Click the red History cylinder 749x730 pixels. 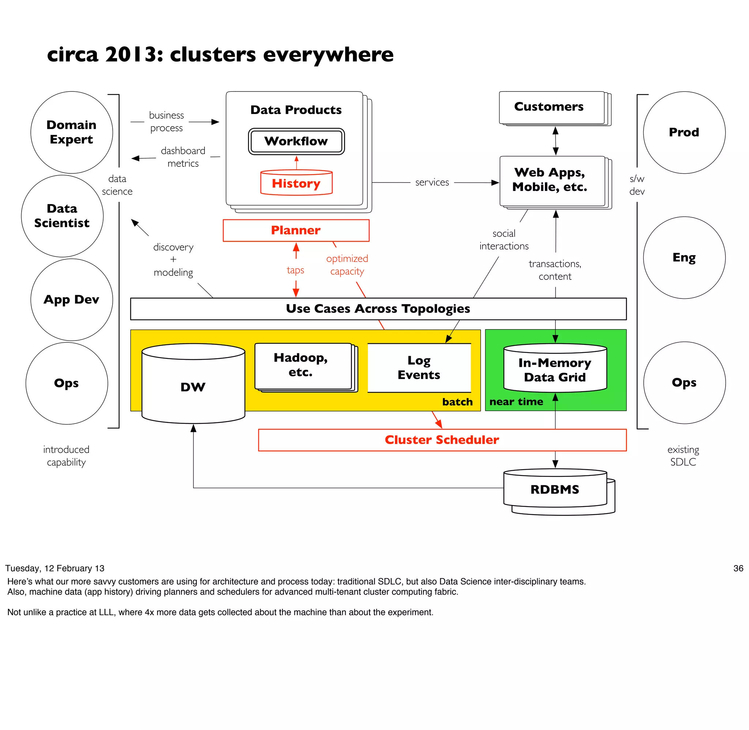(x=296, y=183)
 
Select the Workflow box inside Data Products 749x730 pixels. (x=296, y=141)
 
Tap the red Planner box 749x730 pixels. (x=296, y=230)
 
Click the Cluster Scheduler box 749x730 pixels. (x=441, y=440)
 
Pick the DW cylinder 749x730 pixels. (x=193, y=387)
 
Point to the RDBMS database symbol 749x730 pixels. (x=555, y=489)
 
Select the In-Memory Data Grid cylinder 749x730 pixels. (x=555, y=370)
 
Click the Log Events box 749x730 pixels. (x=419, y=367)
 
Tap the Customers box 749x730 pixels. (x=549, y=106)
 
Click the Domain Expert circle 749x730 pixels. (x=72, y=132)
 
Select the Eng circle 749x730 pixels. (x=684, y=257)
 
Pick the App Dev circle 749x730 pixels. (x=72, y=300)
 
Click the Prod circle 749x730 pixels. (x=684, y=132)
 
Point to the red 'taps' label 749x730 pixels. (x=295, y=270)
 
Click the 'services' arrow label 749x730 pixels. (x=432, y=182)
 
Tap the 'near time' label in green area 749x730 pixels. (x=516, y=402)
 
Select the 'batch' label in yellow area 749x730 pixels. (x=457, y=402)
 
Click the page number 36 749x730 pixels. (x=738, y=569)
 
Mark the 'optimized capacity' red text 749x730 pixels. (x=347, y=265)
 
